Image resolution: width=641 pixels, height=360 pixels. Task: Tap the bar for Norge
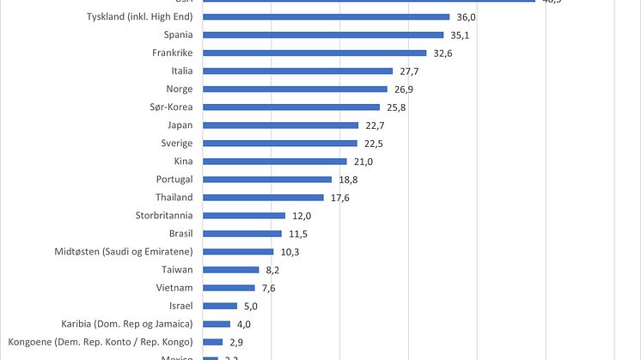(x=296, y=89)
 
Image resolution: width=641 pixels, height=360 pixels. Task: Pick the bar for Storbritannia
(x=245, y=216)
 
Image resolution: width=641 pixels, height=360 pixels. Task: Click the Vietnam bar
(x=229, y=288)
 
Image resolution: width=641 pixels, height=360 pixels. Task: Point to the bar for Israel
(x=221, y=306)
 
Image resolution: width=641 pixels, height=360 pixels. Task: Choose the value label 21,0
(x=363, y=162)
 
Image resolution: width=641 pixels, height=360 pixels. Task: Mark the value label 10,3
(x=290, y=252)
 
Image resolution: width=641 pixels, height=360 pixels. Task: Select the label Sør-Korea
(x=171, y=107)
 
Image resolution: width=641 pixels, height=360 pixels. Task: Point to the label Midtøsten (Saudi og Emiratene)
(x=123, y=252)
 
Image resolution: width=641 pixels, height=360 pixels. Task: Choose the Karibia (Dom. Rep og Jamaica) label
(x=127, y=324)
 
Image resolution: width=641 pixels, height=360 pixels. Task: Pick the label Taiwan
(x=177, y=270)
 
